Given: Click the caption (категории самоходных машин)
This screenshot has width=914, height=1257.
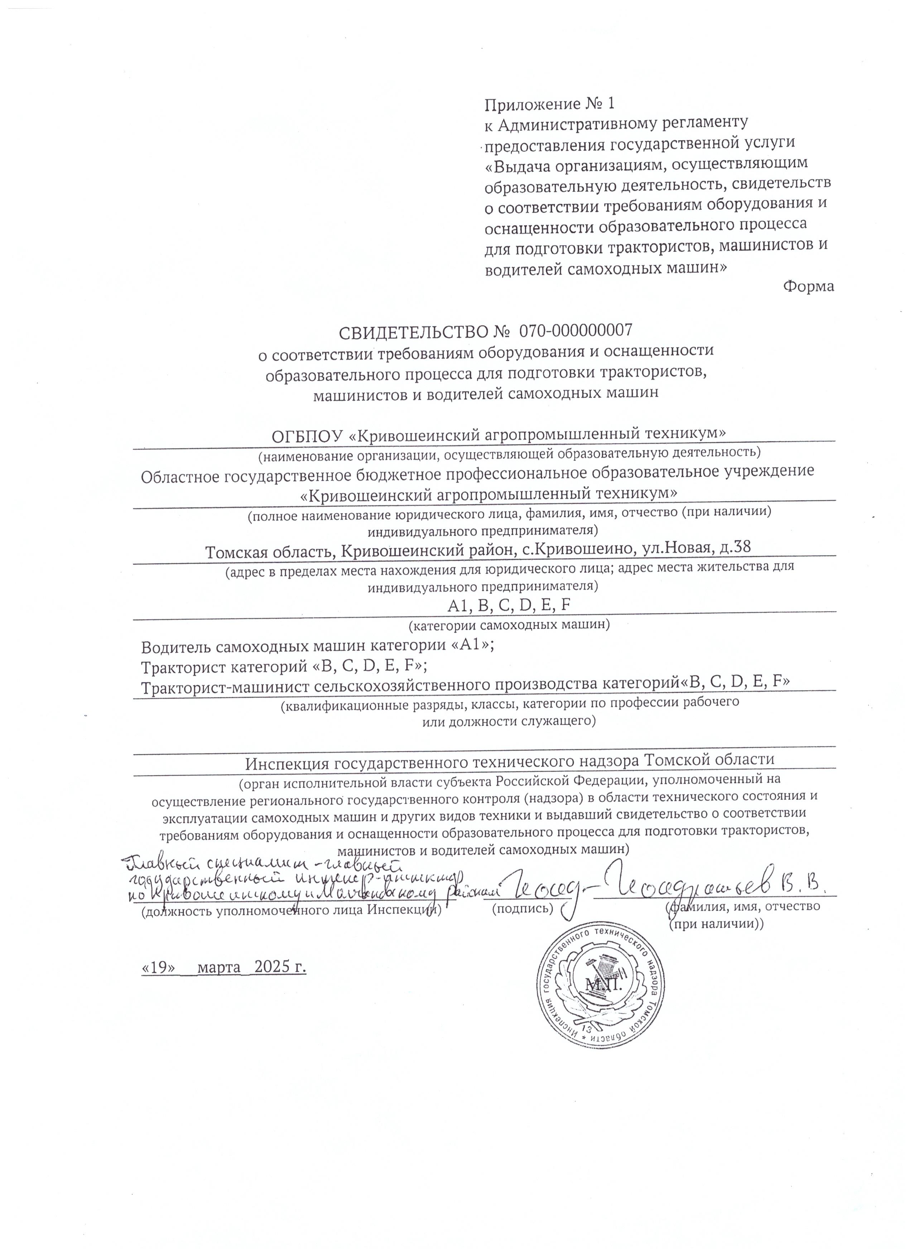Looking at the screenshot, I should coord(509,625).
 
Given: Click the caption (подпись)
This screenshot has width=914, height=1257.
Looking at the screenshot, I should coord(523,908).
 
